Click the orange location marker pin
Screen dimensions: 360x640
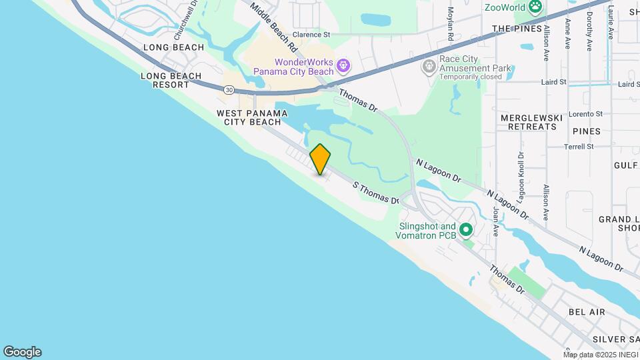tap(320, 159)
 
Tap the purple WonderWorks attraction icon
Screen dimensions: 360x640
tap(343, 65)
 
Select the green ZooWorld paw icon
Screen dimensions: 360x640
tap(535, 7)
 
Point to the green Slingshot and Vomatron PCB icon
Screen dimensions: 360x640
tap(466, 231)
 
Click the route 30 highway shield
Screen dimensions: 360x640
tap(229, 89)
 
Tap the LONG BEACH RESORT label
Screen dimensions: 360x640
tap(171, 80)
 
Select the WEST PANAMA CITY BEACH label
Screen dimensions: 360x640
tap(252, 117)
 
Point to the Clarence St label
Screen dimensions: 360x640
tap(311, 34)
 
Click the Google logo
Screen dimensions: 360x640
tap(22, 352)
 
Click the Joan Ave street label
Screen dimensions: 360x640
tap(496, 221)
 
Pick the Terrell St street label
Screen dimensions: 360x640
tap(578, 147)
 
